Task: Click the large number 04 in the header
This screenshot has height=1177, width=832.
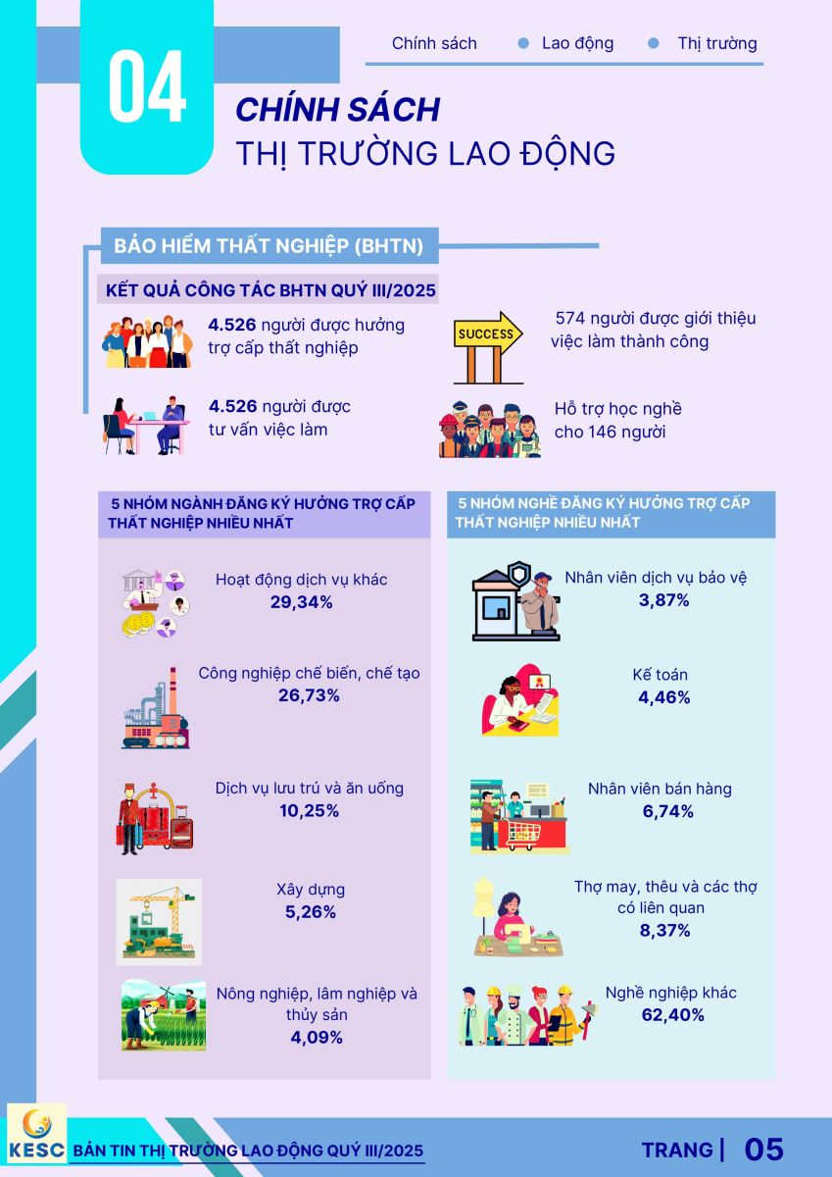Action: click(x=147, y=89)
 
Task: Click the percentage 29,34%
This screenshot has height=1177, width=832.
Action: click(x=301, y=602)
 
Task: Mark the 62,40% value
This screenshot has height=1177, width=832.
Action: click(x=671, y=1015)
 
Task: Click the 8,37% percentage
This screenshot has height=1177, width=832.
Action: click(x=664, y=930)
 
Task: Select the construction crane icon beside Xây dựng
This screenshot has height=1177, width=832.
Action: click(x=158, y=921)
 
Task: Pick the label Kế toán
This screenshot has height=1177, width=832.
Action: click(x=660, y=675)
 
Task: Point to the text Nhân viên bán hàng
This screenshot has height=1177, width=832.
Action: click(x=659, y=789)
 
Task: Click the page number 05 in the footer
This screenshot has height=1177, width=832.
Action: click(x=763, y=1150)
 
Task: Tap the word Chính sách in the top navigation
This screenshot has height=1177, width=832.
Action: click(x=434, y=43)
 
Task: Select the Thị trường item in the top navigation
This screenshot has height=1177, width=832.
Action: click(x=716, y=43)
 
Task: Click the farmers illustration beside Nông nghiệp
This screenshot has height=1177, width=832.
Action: click(x=164, y=1015)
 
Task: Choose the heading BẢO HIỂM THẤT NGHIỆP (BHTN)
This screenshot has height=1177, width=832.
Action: click(x=269, y=246)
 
